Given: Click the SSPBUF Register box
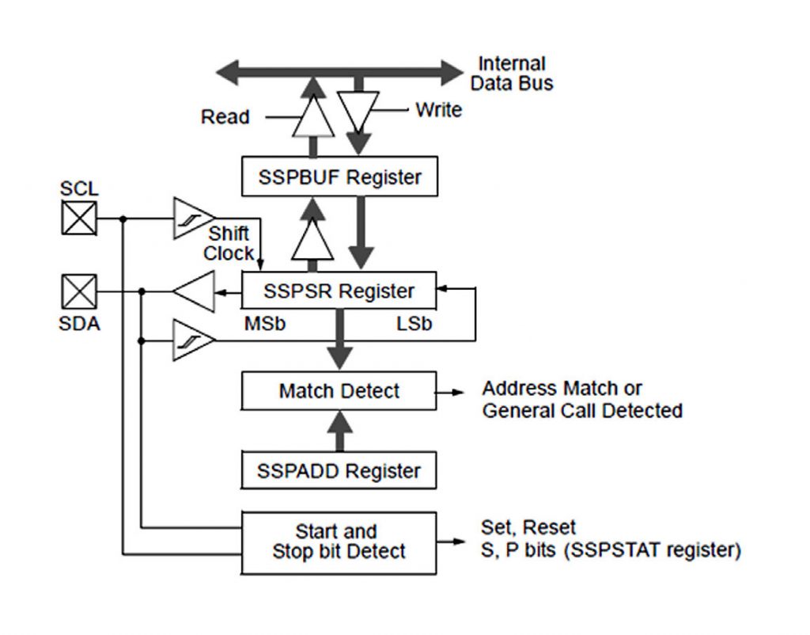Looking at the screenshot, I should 339,177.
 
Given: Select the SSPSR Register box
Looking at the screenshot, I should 339,291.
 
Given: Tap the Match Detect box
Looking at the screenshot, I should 339,391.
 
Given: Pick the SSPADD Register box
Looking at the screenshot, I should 339,471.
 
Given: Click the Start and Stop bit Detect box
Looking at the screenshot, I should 339,542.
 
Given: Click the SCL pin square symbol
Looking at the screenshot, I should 79,218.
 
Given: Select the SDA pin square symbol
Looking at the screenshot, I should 79,291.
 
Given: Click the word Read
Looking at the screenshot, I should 225,117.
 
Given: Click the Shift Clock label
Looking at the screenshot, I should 229,244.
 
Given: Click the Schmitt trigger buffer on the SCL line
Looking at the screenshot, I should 192,218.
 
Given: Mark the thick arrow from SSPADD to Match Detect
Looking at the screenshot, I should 339,433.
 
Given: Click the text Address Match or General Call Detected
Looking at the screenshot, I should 581,399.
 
